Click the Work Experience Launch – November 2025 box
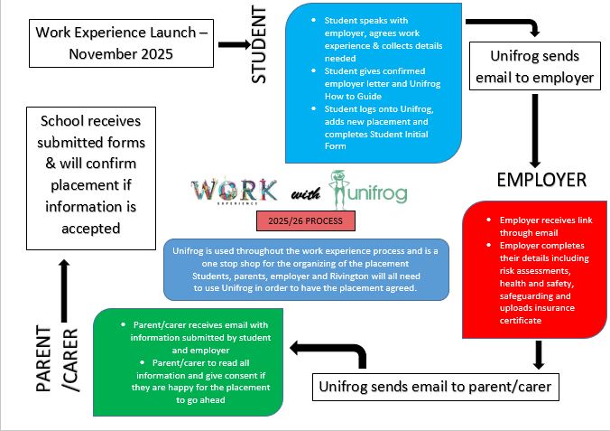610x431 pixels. [x=122, y=42]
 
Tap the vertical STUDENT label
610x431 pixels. [x=259, y=44]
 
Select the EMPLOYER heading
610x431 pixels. [x=541, y=179]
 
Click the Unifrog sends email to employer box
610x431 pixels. [x=534, y=67]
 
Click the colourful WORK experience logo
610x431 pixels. [x=234, y=192]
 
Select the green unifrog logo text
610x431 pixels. [x=372, y=194]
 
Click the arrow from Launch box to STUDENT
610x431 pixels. [x=233, y=43]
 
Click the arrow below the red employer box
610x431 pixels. [x=539, y=353]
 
